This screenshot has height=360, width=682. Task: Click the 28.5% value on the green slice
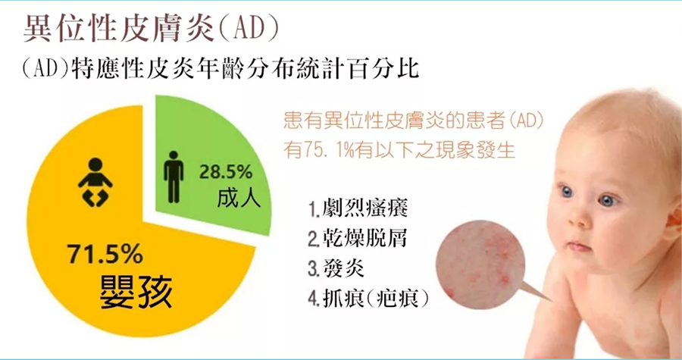[x=226, y=172]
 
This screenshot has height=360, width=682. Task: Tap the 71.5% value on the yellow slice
[x=105, y=255]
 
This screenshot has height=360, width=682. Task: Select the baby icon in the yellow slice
[x=95, y=183]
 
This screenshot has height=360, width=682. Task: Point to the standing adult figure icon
[x=174, y=177]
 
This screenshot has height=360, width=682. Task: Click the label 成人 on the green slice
[x=239, y=199]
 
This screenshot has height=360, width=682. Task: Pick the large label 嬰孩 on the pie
[x=136, y=290]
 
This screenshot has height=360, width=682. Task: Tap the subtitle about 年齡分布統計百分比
[x=221, y=69]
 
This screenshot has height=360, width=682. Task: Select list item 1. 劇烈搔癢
[x=358, y=208]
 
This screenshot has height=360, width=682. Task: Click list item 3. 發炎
[x=336, y=268]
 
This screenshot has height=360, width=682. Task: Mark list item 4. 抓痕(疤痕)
[x=368, y=299]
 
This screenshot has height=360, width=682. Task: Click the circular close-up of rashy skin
[x=480, y=264]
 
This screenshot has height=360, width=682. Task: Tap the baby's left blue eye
[x=566, y=191]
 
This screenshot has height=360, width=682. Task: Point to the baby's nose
[x=575, y=219]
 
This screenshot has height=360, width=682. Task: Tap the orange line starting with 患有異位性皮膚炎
[x=414, y=121]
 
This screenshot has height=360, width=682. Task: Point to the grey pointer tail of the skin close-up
[x=537, y=292]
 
